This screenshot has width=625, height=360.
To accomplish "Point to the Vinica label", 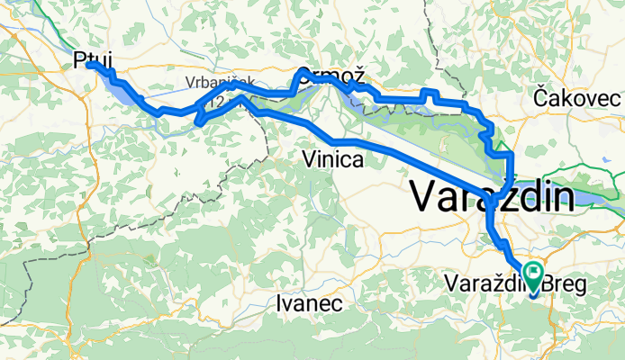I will (x=333, y=160).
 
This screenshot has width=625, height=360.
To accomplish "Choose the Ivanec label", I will (x=310, y=303).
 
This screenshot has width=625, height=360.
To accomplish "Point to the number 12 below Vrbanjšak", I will (x=213, y=104).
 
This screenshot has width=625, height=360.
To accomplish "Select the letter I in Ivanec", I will (x=281, y=303).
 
